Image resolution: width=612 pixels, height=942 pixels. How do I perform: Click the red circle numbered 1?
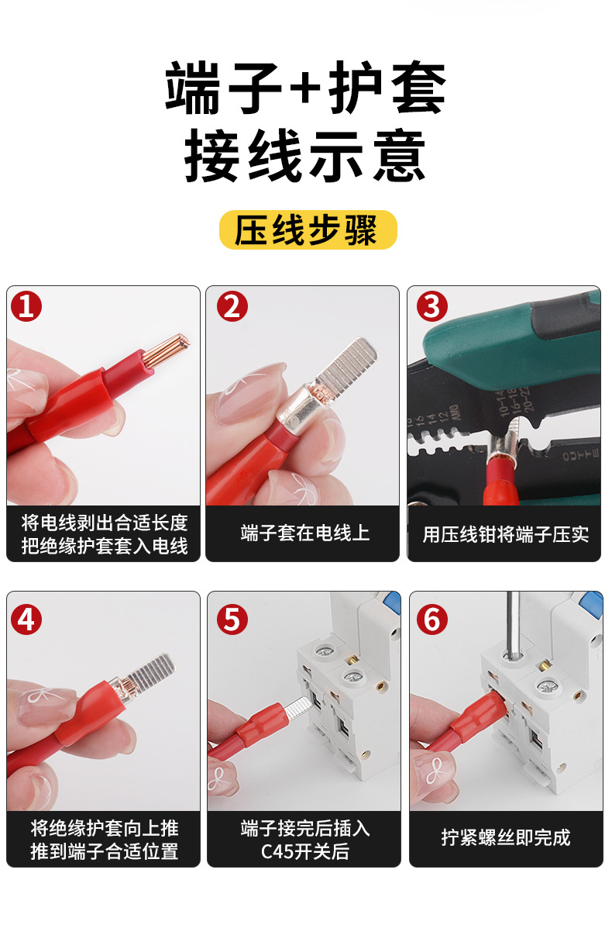click(x=26, y=306)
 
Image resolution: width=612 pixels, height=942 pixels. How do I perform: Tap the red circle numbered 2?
click(x=232, y=306)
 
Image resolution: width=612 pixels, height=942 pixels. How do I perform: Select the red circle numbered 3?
click(x=432, y=306)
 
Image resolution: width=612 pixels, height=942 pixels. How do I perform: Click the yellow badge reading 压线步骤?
click(x=308, y=229)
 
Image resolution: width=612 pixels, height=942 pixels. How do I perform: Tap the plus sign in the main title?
click(x=305, y=88)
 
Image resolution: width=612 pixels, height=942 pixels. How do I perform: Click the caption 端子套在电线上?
click(x=305, y=533)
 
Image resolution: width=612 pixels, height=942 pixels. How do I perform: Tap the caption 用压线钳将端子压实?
click(x=505, y=534)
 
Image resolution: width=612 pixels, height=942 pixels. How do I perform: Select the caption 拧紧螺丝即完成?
click(x=506, y=837)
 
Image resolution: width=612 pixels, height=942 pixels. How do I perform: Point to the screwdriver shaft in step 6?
click(x=512, y=624)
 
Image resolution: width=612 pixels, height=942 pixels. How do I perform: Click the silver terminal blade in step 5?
click(x=298, y=706)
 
